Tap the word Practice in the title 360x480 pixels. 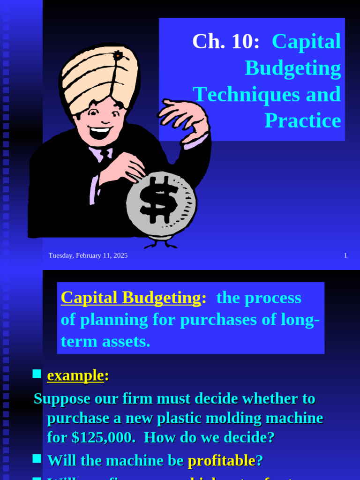(x=303, y=121)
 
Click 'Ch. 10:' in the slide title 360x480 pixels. (x=225, y=42)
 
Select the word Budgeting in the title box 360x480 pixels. (x=293, y=68)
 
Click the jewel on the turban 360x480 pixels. (x=118, y=56)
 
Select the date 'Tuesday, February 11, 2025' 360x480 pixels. (x=88, y=255)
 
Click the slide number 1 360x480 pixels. (x=345, y=255)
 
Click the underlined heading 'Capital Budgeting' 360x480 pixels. (x=131, y=298)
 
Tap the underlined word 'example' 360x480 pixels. (x=75, y=375)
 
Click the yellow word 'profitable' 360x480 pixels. (x=221, y=461)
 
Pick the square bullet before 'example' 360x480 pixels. (x=37, y=374)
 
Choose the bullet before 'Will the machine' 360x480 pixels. (x=37, y=459)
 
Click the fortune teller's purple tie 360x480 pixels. (x=105, y=155)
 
